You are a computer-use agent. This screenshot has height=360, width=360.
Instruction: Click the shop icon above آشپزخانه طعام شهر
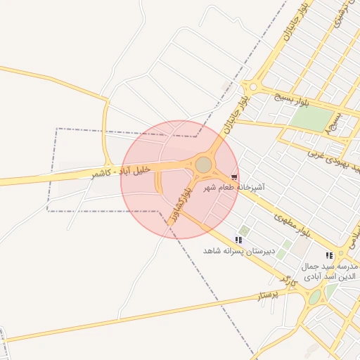(234, 177)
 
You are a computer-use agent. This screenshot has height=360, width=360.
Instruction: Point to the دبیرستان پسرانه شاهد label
(238, 250)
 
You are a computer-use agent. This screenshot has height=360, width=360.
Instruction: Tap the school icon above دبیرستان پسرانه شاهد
(239, 240)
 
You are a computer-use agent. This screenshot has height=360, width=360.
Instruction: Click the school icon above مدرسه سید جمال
(329, 256)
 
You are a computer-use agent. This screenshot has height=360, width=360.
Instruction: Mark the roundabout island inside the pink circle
(204, 165)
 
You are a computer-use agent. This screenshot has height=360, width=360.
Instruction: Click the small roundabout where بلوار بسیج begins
(252, 87)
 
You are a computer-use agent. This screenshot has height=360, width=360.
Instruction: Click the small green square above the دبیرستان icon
(244, 231)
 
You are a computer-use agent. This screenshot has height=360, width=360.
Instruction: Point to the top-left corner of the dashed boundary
(57, 129)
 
